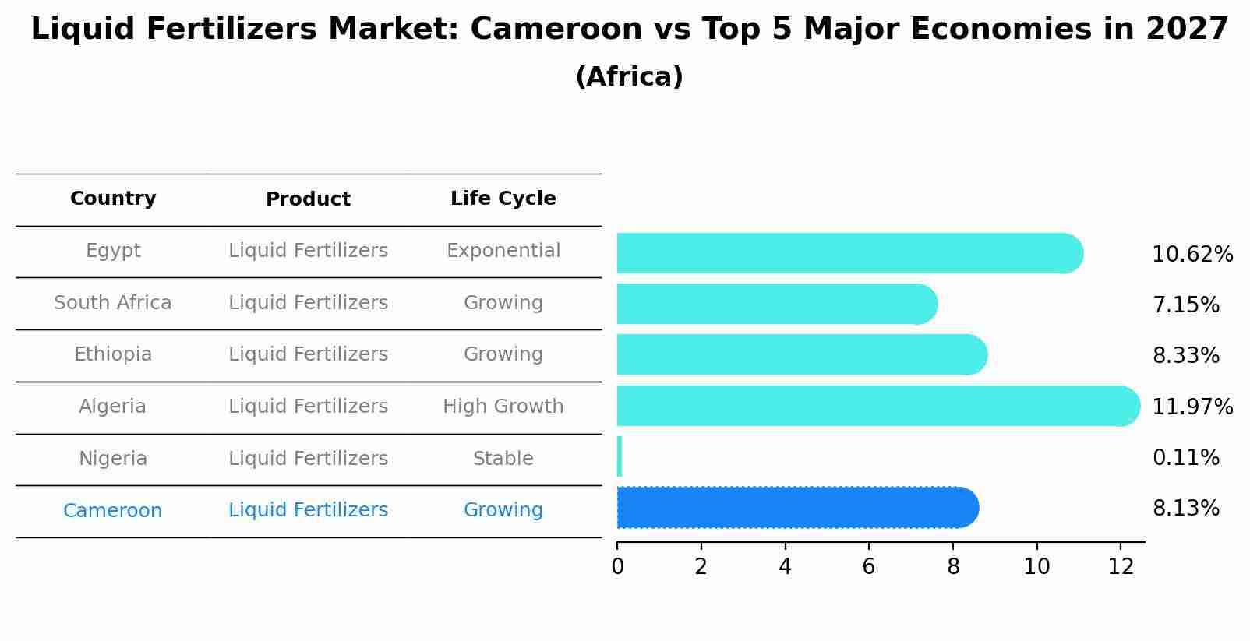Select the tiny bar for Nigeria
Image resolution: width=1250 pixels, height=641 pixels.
click(x=620, y=456)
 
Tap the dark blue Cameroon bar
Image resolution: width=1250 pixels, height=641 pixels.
click(x=795, y=508)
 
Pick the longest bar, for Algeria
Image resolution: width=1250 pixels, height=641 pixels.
click(x=873, y=406)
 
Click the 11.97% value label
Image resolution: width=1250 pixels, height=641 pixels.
click(x=1192, y=407)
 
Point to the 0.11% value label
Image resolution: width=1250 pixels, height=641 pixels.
click(x=1185, y=458)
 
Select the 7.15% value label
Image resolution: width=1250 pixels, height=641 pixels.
click(x=1185, y=305)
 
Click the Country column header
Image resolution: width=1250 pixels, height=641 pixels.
click(x=113, y=199)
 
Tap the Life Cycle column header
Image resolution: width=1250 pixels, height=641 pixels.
click(x=503, y=199)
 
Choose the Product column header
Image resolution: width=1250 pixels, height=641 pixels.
click(x=308, y=199)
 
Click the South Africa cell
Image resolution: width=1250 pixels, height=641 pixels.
click(x=113, y=303)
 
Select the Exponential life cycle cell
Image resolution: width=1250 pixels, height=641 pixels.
click(x=503, y=251)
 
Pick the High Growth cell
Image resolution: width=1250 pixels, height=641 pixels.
click(x=503, y=407)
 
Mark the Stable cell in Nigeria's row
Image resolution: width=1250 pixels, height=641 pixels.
click(x=503, y=459)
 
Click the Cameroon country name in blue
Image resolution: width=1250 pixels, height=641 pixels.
click(x=113, y=511)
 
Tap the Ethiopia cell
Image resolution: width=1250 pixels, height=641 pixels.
click(x=113, y=354)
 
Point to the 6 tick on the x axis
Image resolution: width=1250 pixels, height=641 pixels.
click(x=868, y=567)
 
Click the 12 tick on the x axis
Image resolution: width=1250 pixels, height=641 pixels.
click(x=1120, y=567)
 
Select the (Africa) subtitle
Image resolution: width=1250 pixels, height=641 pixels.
click(x=629, y=77)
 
